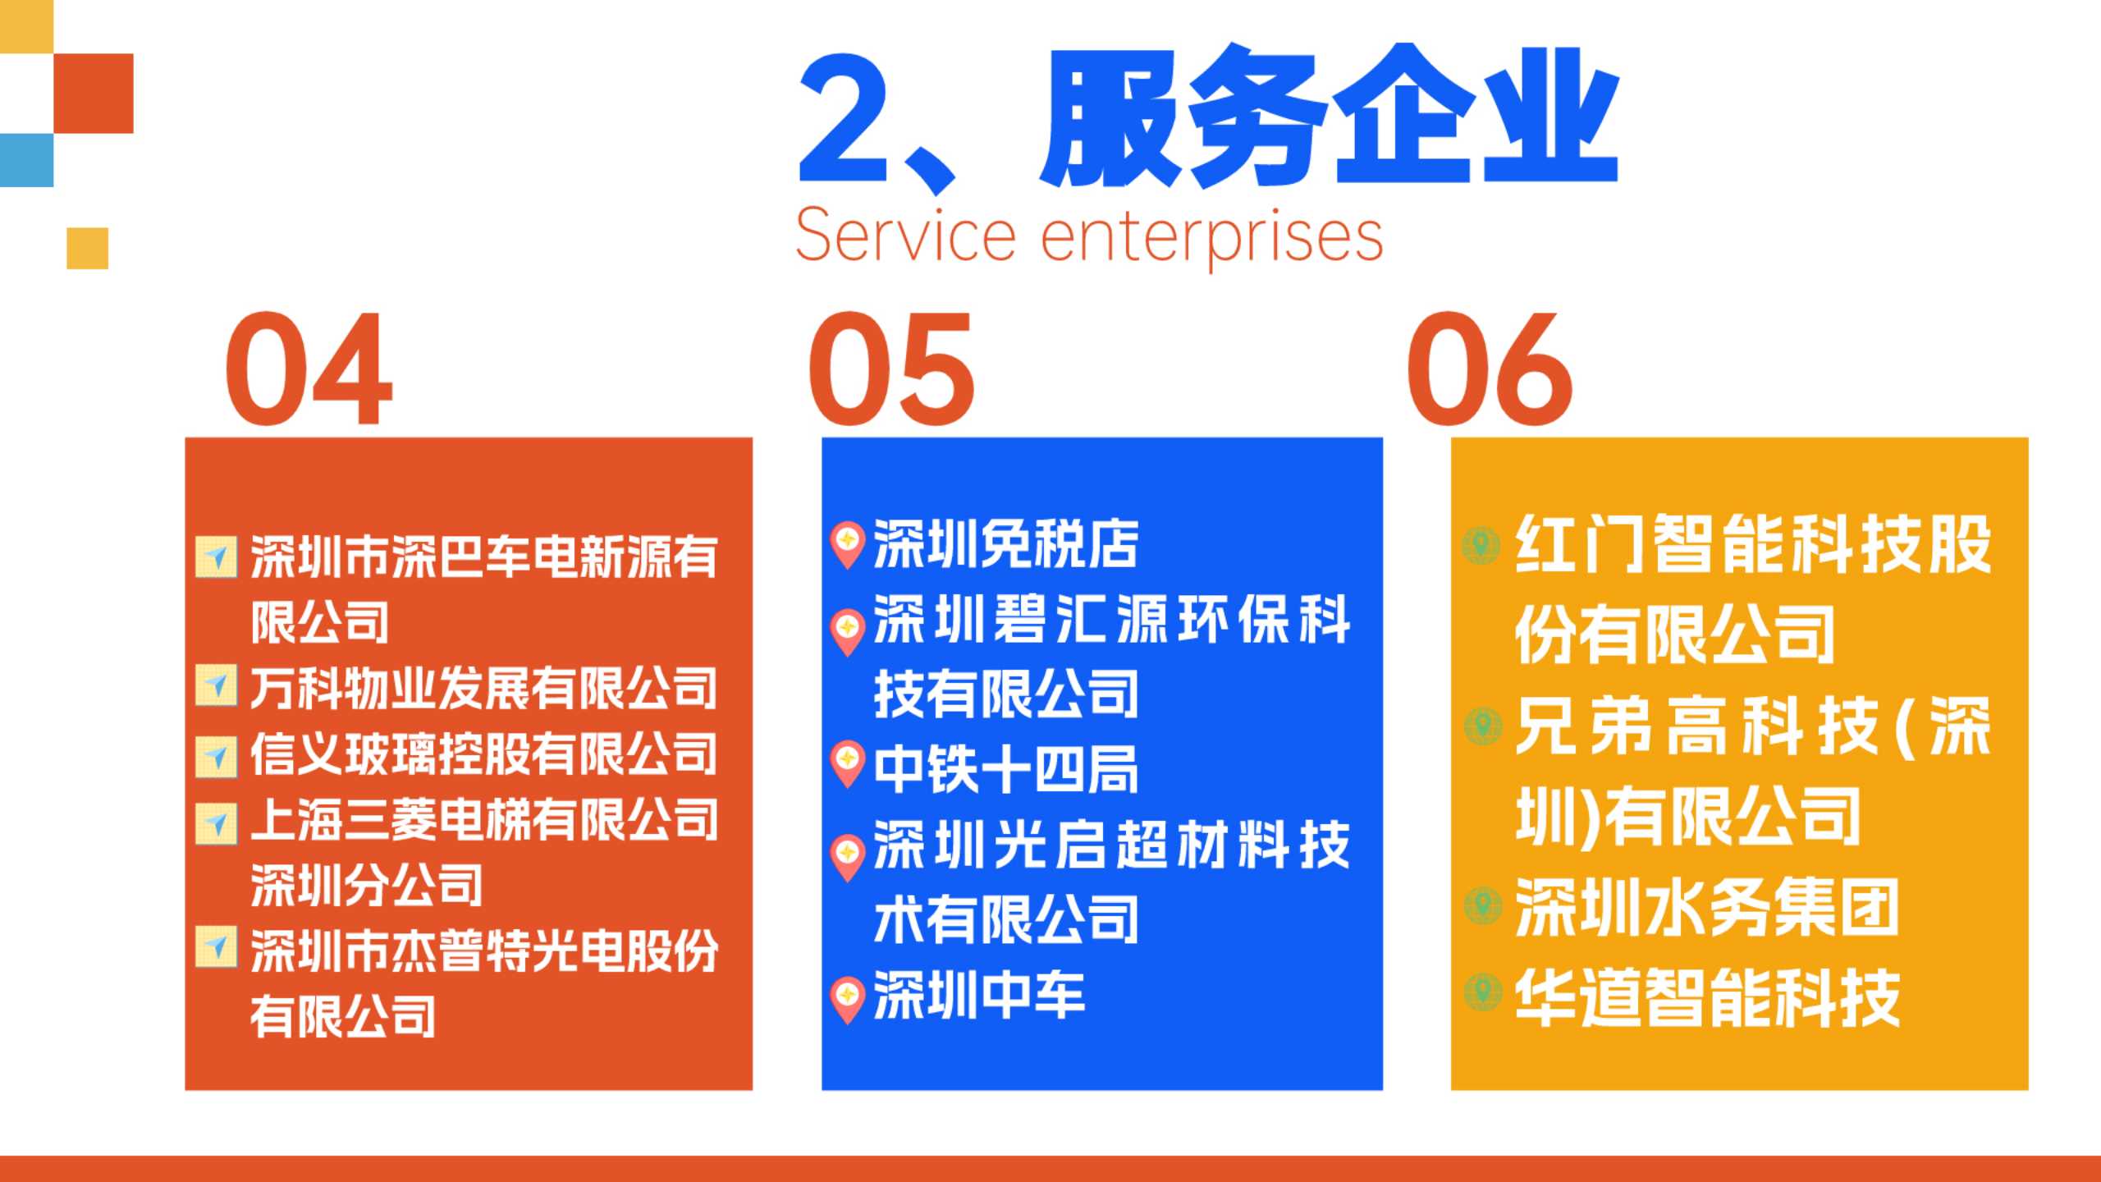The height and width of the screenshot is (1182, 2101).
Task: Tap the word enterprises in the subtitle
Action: coord(1212,238)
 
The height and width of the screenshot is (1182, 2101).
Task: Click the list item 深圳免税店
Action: coord(1006,544)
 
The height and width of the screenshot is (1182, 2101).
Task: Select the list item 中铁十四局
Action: coord(1006,769)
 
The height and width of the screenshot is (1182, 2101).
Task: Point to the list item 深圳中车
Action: coord(979,995)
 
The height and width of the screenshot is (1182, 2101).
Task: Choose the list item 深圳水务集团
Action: coord(1708,907)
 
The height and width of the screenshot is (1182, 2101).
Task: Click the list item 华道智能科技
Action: coord(1708,997)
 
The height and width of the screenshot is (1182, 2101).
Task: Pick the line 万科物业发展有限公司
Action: coord(484,688)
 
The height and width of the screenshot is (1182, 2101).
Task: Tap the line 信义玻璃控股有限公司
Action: coord(484,754)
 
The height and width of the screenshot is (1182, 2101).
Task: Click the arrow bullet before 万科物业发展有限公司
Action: coord(216,685)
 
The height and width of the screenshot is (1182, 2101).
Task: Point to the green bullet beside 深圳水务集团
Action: coord(1482,905)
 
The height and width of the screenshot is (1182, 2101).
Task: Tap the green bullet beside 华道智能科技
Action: coord(1482,992)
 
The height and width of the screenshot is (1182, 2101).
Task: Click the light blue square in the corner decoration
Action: coord(26,160)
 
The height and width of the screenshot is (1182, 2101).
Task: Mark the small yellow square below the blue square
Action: coord(87,248)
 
